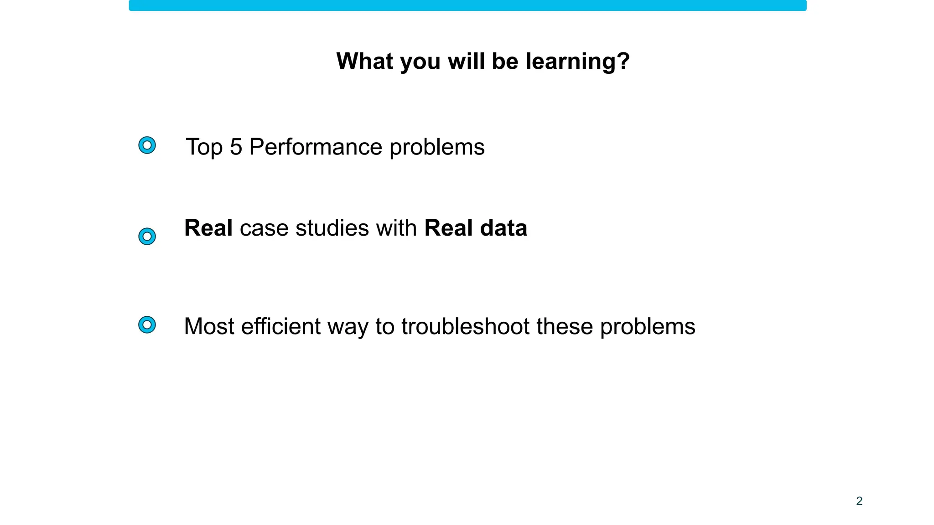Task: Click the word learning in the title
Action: click(x=577, y=62)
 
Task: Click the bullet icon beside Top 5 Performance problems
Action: click(x=147, y=145)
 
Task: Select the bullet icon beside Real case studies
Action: click(x=147, y=237)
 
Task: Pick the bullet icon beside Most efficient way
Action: click(x=147, y=325)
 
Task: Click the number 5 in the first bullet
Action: click(x=236, y=147)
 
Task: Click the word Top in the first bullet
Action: click(x=204, y=147)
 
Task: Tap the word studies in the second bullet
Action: click(x=332, y=228)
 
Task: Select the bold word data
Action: click(x=503, y=228)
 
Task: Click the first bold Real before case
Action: click(x=208, y=228)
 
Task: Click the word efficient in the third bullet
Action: click(x=281, y=326)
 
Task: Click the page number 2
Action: click(x=859, y=501)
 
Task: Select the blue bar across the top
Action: click(x=467, y=5)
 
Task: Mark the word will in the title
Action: click(x=466, y=61)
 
